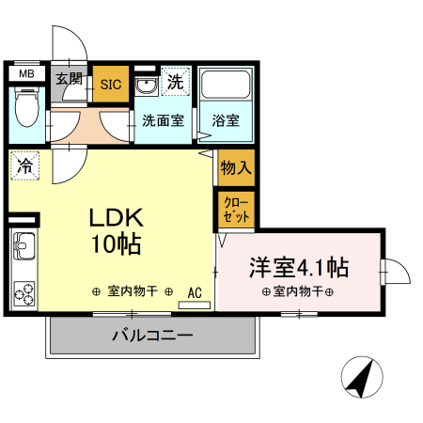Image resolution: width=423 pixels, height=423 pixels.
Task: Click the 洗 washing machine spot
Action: coord(175,82)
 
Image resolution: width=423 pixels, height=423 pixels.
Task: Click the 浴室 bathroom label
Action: coord(225,120)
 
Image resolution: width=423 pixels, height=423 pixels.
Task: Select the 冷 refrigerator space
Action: coord(24,165)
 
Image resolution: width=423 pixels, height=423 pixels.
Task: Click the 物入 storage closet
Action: coord(235,169)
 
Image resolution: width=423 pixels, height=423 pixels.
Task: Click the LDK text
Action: coord(116,218)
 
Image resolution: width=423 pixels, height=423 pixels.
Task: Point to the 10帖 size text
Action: coord(116,246)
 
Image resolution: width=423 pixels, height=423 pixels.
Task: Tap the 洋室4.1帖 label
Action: coord(298,267)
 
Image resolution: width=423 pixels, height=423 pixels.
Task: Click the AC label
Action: coord(196,292)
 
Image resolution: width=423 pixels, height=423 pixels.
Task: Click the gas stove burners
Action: coord(23,293)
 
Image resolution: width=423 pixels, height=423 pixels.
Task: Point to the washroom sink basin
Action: coord(147,87)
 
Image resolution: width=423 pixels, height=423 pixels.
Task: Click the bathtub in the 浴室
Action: coord(225,89)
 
